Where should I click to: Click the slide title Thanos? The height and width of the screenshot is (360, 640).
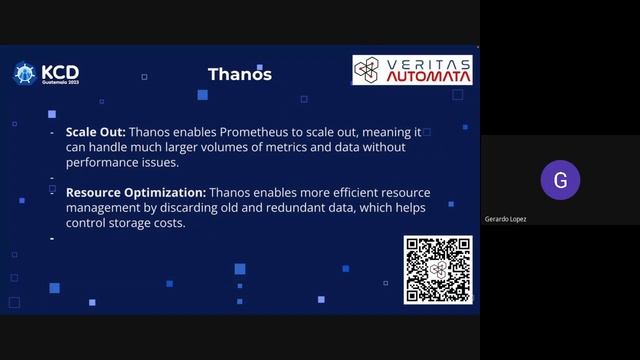(x=239, y=74)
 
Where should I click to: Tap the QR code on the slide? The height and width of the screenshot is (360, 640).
(x=437, y=269)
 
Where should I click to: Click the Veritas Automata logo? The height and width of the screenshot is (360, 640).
(x=412, y=70)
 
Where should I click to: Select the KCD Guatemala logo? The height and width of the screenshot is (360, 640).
(x=46, y=74)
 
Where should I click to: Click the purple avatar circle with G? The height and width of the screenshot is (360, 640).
(x=560, y=181)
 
